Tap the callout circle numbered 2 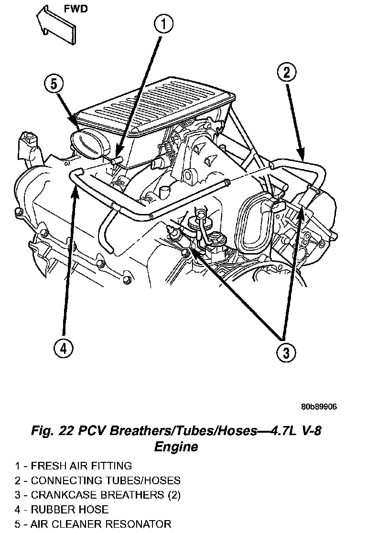286,73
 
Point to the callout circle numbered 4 63,349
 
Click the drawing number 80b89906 319,407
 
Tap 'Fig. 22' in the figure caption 50,431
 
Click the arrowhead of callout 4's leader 75,178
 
